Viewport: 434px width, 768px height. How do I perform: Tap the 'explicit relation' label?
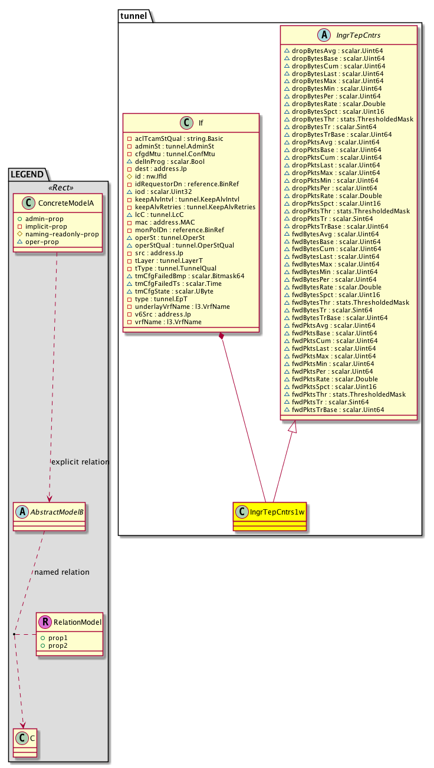pyautogui.click(x=81, y=462)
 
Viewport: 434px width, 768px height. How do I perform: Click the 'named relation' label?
pyautogui.click(x=62, y=572)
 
